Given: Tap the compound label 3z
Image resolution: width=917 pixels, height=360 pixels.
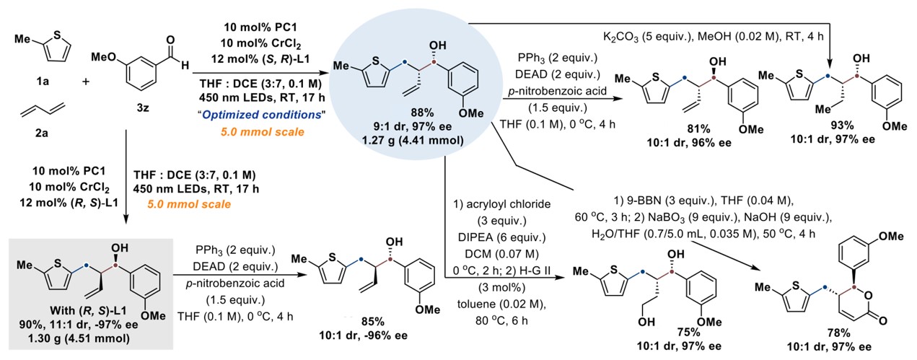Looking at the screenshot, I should pyautogui.click(x=141, y=101).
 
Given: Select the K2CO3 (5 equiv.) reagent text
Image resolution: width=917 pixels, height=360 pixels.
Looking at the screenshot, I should pyautogui.click(x=651, y=35).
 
